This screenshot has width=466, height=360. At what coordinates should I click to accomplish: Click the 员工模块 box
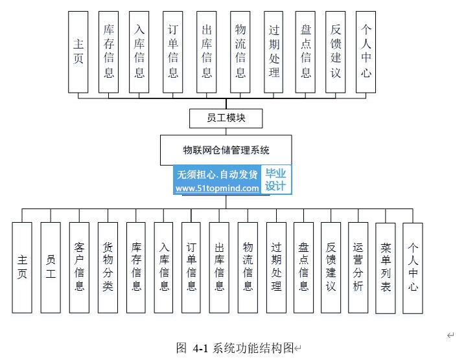[x=226, y=118]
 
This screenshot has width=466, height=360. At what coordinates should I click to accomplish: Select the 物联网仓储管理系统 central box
[x=226, y=150]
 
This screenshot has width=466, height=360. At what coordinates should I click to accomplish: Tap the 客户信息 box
[x=79, y=267]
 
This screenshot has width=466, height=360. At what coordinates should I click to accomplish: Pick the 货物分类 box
[x=108, y=267]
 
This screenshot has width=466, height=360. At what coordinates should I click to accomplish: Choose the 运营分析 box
[x=358, y=267]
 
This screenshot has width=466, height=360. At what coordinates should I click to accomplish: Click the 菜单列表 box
[x=386, y=267]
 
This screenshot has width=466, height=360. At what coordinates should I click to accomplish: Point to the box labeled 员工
[x=51, y=267]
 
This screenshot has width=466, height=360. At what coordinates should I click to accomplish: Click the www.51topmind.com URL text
[x=217, y=188]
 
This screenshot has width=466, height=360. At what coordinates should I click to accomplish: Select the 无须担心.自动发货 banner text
[x=217, y=174]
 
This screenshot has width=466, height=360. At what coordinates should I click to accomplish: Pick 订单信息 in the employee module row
[x=173, y=52]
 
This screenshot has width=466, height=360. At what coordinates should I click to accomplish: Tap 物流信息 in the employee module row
[x=240, y=52]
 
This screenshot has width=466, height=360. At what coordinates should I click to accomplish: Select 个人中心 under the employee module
[x=366, y=52]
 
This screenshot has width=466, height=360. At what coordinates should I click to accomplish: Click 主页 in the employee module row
[x=78, y=52]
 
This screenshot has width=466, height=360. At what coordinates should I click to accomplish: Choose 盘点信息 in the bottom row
[x=303, y=267]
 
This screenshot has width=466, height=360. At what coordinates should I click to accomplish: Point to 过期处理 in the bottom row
[x=276, y=267]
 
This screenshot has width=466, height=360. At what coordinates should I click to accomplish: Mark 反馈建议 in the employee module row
[x=335, y=52]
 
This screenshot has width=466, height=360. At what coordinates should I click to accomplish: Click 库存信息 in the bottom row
[x=136, y=267]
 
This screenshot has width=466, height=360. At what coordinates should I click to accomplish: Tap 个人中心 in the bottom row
[x=413, y=267]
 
